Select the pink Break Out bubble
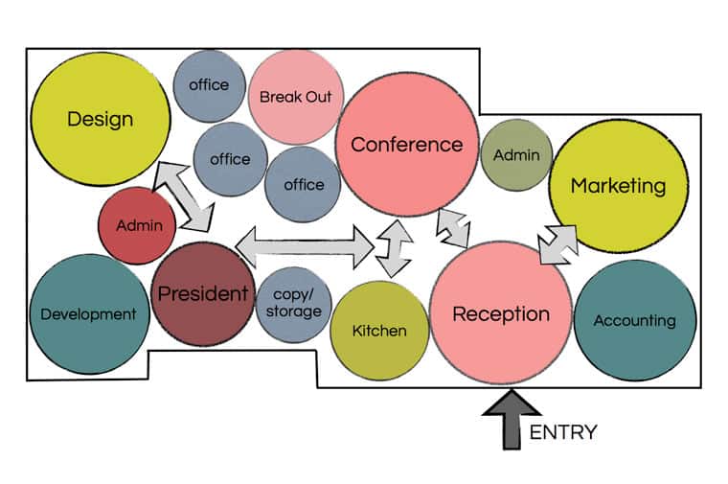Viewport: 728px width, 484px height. tap(295, 97)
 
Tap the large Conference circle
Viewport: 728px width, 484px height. tap(407, 145)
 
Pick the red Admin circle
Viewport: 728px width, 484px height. tap(138, 226)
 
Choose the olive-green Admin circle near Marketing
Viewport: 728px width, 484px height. tap(515, 155)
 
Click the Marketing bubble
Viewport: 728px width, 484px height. tap(619, 186)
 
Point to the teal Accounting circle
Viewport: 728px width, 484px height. tap(633, 320)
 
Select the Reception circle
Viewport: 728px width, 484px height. tap(500, 313)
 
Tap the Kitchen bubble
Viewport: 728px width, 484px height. tap(379, 331)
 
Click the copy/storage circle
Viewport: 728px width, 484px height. tap(294, 303)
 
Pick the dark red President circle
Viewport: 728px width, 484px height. tap(202, 293)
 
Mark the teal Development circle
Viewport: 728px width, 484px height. tap(88, 313)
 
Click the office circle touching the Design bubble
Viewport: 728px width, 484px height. tap(209, 85)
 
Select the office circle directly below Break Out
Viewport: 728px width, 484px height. tap(303, 184)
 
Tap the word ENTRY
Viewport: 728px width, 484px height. tap(563, 432)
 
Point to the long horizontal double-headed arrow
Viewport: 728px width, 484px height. tap(305, 246)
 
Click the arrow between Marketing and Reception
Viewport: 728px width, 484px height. tap(557, 244)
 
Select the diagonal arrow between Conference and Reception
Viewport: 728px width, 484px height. tap(453, 226)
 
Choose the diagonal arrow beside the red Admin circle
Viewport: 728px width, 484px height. tap(187, 196)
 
